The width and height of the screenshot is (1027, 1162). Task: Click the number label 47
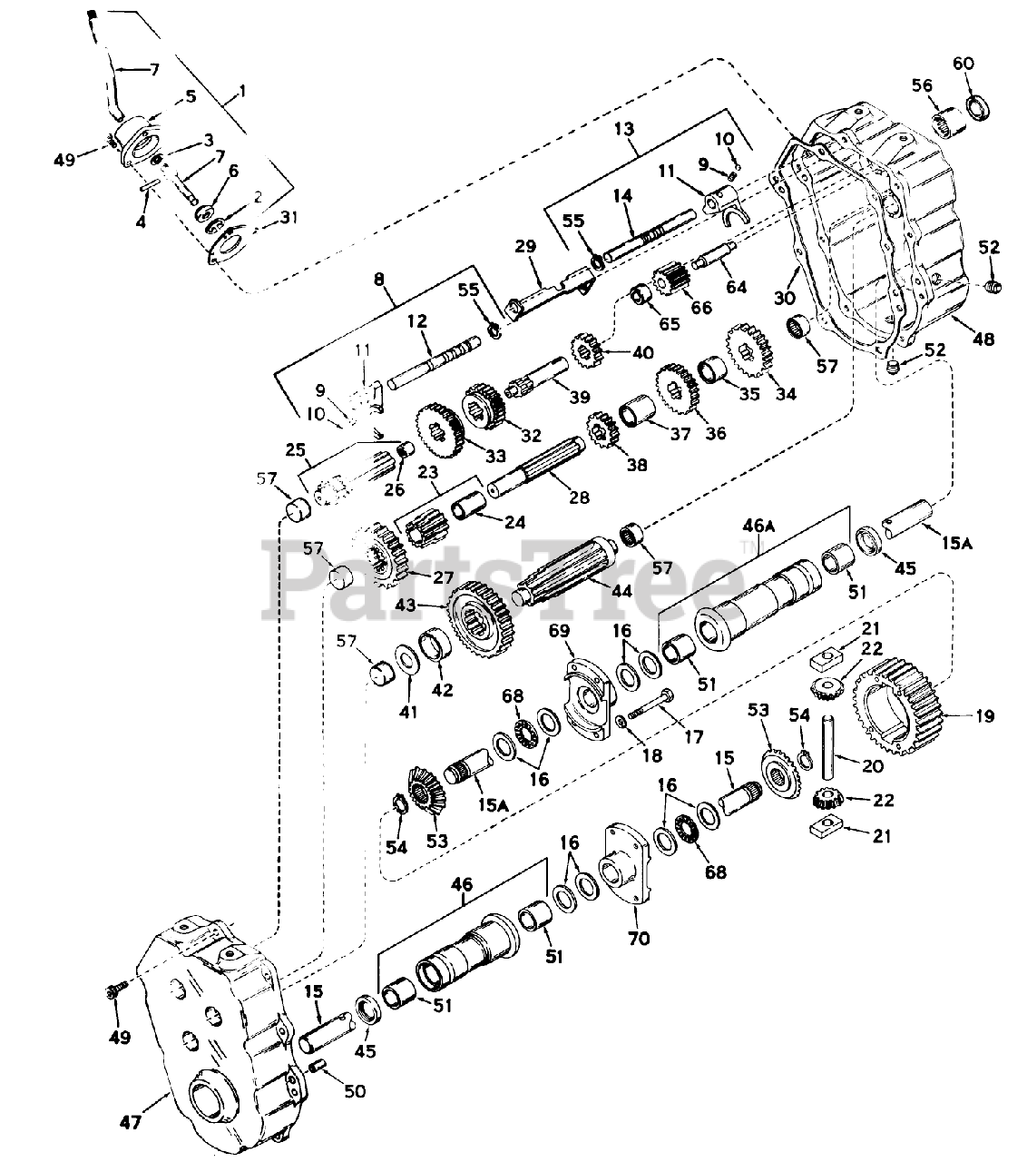[132, 1124]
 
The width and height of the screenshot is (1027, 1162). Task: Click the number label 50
[355, 1090]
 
